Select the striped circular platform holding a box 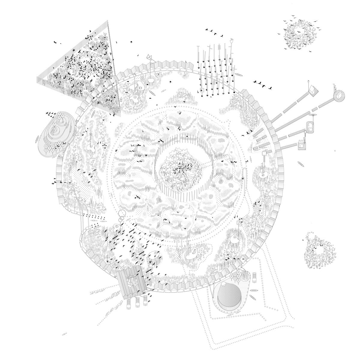pyautogui.click(x=339, y=95)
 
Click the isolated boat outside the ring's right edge pyautogui.click(x=300, y=164)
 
